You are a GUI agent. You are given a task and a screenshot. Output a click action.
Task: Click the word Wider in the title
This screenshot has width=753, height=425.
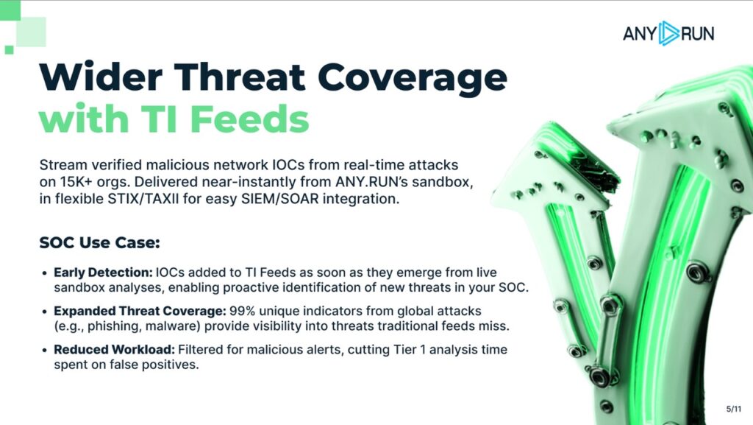tap(101, 77)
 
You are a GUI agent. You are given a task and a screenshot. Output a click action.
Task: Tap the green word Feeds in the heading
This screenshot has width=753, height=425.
tap(250, 119)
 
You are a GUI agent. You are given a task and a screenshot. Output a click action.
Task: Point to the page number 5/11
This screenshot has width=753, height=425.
tap(733, 409)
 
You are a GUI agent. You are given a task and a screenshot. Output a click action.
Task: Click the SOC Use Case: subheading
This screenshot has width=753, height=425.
tap(99, 242)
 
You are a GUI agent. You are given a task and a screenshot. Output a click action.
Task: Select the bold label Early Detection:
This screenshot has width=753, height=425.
tap(103, 273)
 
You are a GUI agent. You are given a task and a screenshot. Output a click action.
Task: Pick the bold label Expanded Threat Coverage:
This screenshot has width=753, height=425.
tap(140, 311)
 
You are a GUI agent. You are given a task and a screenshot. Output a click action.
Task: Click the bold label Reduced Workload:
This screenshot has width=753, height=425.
tap(114, 350)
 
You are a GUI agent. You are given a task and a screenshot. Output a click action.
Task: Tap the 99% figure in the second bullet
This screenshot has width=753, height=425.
tap(242, 311)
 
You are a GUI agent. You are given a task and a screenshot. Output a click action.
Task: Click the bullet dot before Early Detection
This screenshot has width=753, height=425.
tap(44, 273)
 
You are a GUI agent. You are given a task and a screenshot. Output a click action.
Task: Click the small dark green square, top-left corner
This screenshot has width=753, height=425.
tap(9, 49)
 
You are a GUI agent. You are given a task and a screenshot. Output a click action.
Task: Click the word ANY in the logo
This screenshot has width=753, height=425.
tap(640, 34)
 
